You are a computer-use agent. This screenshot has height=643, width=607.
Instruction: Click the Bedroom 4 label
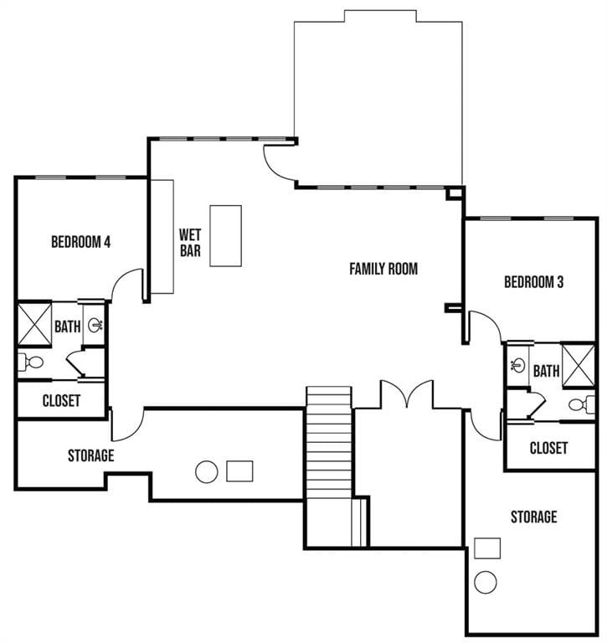pyautogui.click(x=81, y=242)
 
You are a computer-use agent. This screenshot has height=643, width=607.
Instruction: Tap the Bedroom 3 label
pyautogui.click(x=533, y=282)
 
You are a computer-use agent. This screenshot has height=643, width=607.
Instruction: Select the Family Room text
pyautogui.click(x=383, y=269)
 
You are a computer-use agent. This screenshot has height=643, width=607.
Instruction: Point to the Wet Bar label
pyautogui.click(x=190, y=243)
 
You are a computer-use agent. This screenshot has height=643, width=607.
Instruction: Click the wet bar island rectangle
pyautogui.click(x=225, y=236)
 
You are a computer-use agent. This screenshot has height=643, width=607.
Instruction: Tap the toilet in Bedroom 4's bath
pyautogui.click(x=31, y=363)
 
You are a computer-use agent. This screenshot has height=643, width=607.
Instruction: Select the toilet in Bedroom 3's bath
pyautogui.click(x=582, y=404)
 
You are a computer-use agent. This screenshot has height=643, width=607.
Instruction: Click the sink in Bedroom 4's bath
pyautogui.click(x=95, y=325)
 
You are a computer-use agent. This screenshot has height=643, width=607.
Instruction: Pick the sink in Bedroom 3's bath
pyautogui.click(x=517, y=364)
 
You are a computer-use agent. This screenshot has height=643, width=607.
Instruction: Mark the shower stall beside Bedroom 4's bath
pyautogui.click(x=35, y=324)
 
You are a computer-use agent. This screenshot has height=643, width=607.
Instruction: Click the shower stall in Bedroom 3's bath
pyautogui.click(x=578, y=365)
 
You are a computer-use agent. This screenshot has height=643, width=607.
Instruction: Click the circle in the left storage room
pyautogui.click(x=206, y=472)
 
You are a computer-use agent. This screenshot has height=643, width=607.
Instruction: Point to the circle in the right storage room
pyautogui.click(x=486, y=582)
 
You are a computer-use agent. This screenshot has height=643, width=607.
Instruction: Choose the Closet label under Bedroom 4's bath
pyautogui.click(x=61, y=401)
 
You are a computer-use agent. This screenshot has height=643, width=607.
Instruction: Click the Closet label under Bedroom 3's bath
pyautogui.click(x=548, y=448)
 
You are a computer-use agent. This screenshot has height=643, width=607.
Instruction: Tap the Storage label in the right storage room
pyautogui.click(x=533, y=517)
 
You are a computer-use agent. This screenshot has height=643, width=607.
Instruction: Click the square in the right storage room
pyautogui.click(x=487, y=548)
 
